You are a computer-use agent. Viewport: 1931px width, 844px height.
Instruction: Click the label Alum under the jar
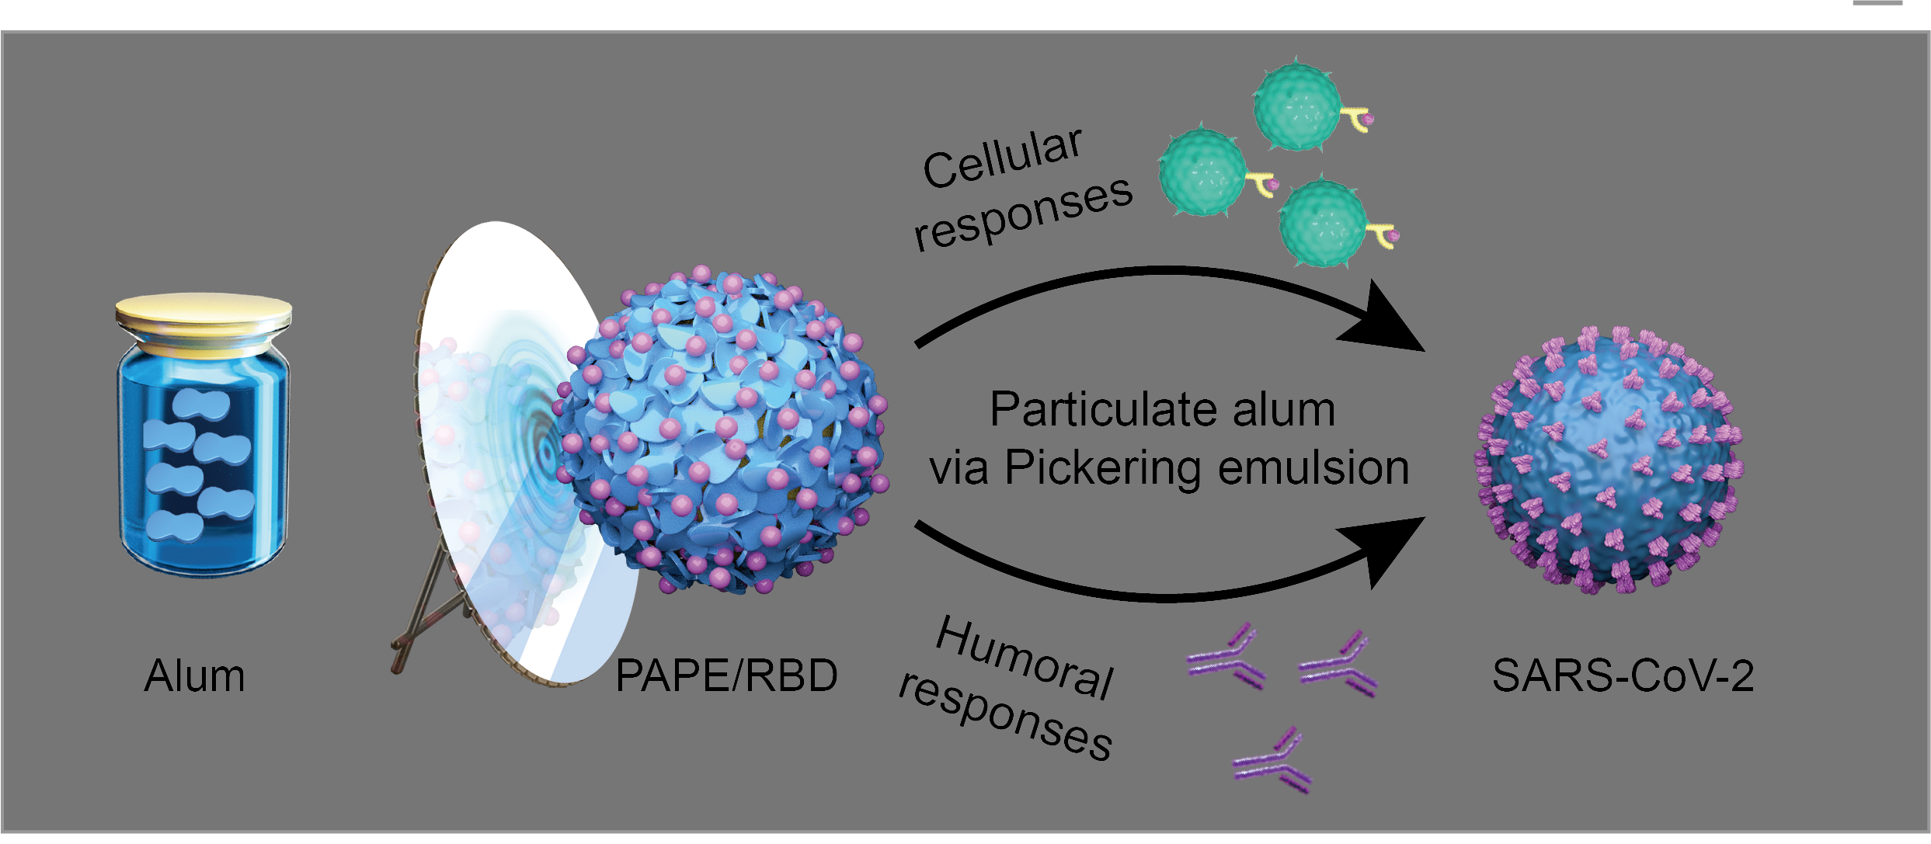194,676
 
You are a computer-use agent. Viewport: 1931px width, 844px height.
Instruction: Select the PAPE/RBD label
726,676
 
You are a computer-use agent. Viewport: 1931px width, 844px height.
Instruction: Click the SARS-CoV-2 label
1622,676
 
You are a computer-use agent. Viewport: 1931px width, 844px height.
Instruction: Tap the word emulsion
1313,467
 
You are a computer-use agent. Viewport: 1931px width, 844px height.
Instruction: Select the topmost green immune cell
1297,107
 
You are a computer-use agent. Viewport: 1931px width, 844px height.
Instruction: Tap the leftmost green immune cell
1202,173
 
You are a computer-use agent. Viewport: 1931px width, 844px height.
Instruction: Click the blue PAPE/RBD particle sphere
722,431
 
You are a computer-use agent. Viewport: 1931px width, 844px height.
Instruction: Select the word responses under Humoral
1006,722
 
